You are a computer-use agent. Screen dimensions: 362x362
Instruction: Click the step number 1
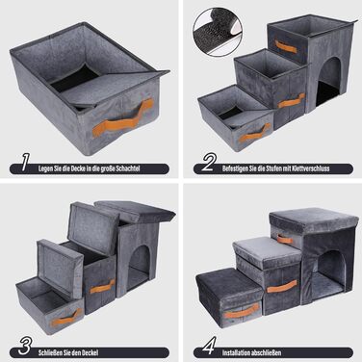tap(25, 162)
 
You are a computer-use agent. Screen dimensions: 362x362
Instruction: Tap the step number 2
tap(209, 162)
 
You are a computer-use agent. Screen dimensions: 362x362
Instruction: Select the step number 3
tap(25, 346)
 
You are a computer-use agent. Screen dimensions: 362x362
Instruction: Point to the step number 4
tap(209, 346)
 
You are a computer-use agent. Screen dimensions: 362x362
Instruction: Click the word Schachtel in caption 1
tap(128, 168)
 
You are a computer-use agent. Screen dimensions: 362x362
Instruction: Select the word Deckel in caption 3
tap(90, 352)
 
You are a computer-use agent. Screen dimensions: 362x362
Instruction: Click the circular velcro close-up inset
tap(218, 33)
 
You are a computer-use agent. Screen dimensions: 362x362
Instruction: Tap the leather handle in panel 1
tap(122, 118)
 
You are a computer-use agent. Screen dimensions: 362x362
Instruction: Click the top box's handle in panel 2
tap(285, 47)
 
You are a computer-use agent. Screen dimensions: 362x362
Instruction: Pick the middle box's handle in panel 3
tap(102, 287)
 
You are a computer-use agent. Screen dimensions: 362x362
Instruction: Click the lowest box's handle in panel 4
tap(242, 311)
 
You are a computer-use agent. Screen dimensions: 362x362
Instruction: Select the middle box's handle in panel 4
tap(282, 286)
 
